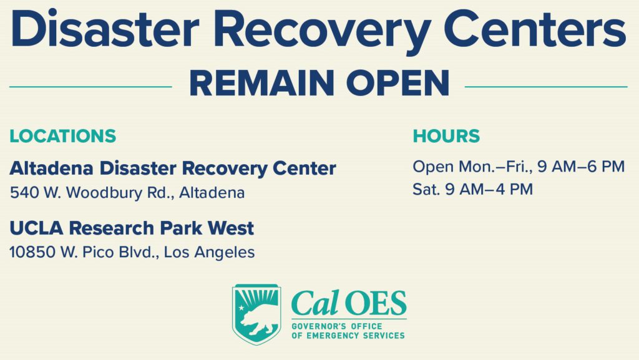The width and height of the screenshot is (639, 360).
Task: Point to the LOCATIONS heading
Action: coord(62,136)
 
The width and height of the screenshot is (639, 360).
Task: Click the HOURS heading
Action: coord(446,136)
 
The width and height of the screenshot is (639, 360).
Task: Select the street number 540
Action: coord(22,193)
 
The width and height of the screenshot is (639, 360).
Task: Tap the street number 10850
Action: coord(31,252)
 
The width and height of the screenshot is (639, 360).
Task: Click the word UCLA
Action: coord(31,228)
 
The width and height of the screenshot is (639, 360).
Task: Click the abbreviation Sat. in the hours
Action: coord(426,189)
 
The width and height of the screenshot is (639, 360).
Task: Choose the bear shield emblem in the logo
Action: coord(256,314)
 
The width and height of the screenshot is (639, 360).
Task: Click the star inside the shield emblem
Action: coord(241,309)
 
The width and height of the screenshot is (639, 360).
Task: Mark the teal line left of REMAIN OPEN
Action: coord(90,87)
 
